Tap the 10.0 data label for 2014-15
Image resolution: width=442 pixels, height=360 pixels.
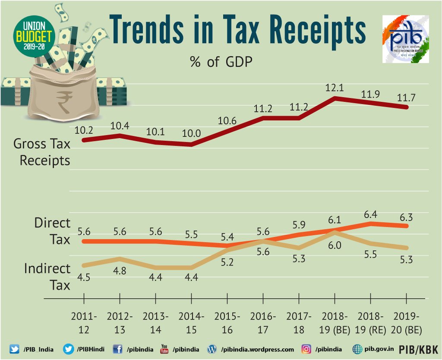pyautogui.click(x=192, y=133)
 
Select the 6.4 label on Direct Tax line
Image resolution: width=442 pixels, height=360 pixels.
pyautogui.click(x=371, y=214)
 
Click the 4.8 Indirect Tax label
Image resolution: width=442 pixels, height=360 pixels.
pyautogui.click(x=120, y=272)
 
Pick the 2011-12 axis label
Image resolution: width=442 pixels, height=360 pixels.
pyautogui.click(x=84, y=323)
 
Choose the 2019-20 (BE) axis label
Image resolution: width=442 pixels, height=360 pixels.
pyautogui.click(x=407, y=323)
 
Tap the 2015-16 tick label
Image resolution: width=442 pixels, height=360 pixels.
pyautogui.click(x=227, y=323)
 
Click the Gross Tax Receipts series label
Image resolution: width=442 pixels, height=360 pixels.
pyautogui.click(x=41, y=152)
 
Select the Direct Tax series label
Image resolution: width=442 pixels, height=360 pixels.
pyautogui.click(x=52, y=231)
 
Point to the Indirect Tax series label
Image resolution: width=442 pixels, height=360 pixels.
pyautogui.click(x=47, y=276)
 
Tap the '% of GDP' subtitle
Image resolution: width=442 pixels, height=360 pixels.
pyautogui.click(x=221, y=62)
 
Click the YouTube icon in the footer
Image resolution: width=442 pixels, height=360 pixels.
pyautogui.click(x=164, y=349)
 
